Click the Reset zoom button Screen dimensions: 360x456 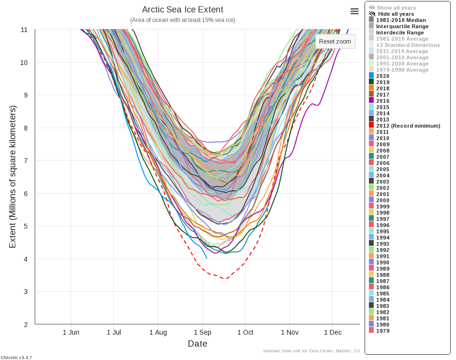point(335,41)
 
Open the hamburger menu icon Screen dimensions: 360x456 point(355,11)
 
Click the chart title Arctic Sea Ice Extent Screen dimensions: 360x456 point(182,10)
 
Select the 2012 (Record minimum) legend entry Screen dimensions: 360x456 point(408,126)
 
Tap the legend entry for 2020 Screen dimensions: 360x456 point(382,76)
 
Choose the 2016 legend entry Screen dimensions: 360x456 point(382,101)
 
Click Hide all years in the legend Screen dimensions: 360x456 point(396,14)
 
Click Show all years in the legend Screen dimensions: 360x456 point(396,8)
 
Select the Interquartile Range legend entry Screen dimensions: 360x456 point(402,26)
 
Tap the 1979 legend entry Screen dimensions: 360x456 point(382,331)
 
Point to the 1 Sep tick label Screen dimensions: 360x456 point(202,332)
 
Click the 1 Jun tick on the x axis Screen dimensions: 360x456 point(71,332)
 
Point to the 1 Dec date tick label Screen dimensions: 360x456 point(333,332)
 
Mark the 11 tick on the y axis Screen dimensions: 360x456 point(24,30)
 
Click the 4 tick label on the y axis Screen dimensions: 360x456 point(25,259)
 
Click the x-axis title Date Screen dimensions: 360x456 point(197,344)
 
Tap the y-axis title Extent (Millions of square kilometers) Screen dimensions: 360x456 point(13,177)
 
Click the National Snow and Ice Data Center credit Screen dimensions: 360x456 point(311,351)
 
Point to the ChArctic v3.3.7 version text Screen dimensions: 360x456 point(16,357)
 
